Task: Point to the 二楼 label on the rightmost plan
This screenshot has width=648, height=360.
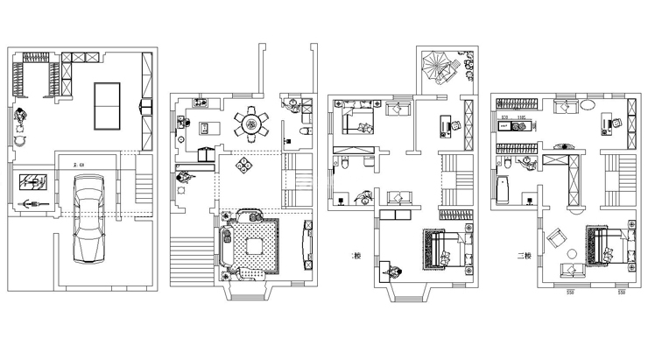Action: [524, 256]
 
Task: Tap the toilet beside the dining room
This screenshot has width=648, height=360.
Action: [303, 131]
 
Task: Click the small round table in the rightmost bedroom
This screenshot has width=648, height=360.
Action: [572, 254]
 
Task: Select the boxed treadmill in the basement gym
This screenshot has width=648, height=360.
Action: [32, 182]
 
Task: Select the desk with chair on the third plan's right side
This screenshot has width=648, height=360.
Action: [449, 124]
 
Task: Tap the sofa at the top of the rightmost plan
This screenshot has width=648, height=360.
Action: [567, 106]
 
